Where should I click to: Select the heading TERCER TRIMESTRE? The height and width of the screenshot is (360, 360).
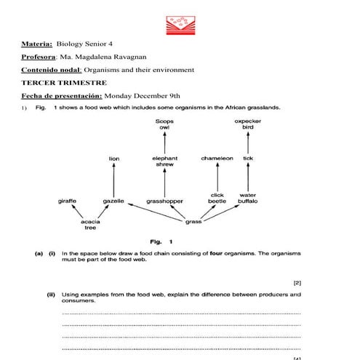point(55,83)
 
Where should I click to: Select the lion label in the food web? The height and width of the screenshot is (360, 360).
point(114,158)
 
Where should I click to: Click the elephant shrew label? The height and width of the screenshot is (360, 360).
point(164,161)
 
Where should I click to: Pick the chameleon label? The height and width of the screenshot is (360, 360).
point(217,158)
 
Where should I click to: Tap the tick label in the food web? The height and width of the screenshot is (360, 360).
point(248,158)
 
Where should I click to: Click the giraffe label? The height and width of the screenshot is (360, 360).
point(68,201)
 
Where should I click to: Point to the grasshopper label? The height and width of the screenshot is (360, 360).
point(164,201)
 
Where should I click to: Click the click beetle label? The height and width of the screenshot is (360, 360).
point(217,198)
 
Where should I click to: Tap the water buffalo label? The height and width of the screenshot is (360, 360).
point(248,198)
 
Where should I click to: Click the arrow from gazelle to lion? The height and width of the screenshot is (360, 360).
point(114,179)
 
